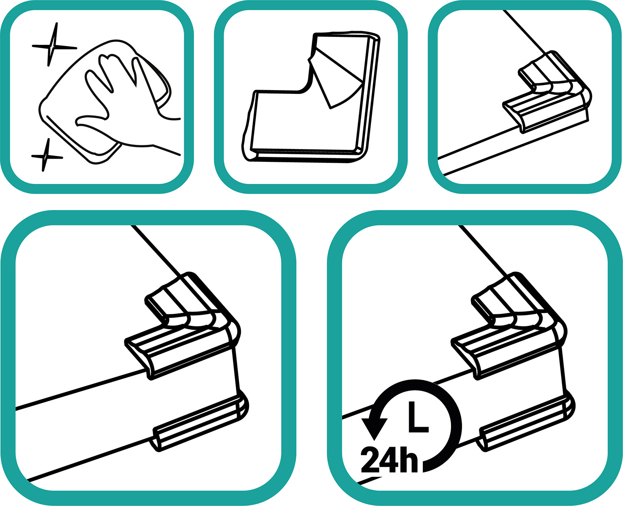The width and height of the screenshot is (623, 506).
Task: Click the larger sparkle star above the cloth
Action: pyautogui.click(x=53, y=45)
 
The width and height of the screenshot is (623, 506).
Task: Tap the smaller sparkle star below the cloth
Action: pyautogui.click(x=46, y=156)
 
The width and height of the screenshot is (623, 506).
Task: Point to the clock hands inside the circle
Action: pyautogui.click(x=418, y=418)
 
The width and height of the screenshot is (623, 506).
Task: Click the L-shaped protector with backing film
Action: pyautogui.click(x=311, y=96)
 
